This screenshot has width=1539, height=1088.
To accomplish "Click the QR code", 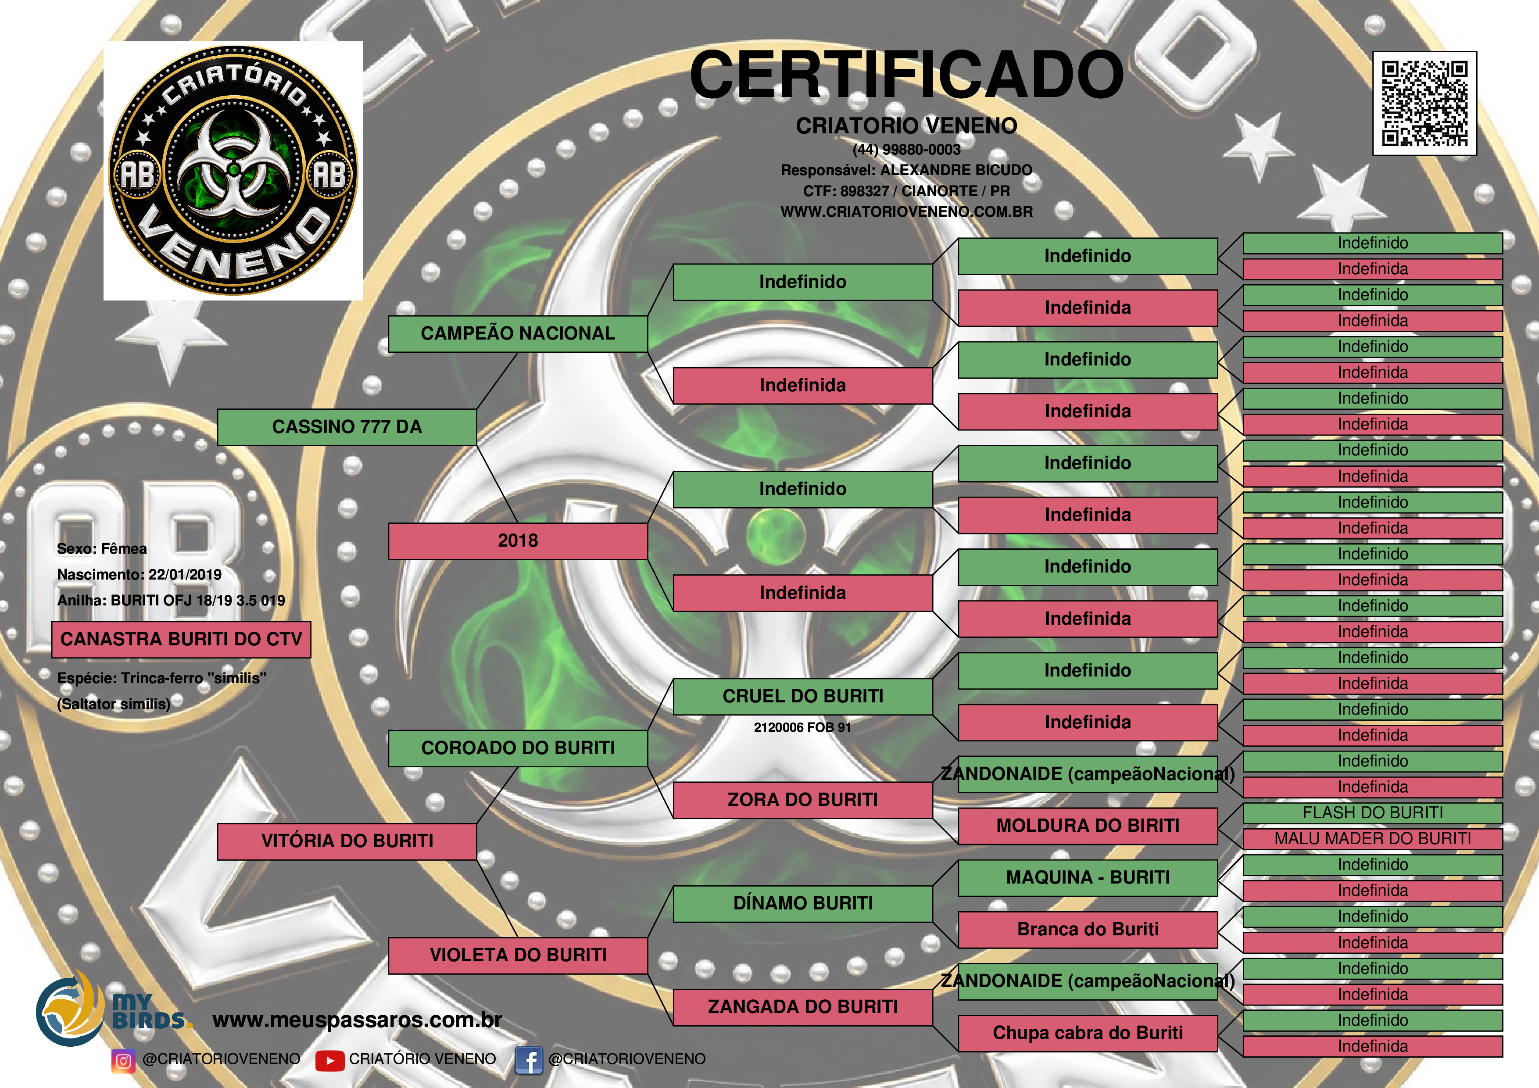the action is [x=1424, y=103].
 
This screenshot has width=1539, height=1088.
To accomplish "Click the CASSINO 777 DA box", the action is [x=347, y=427].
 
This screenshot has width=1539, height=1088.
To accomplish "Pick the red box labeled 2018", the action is [x=518, y=541].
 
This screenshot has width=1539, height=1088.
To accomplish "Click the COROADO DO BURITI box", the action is [x=518, y=748].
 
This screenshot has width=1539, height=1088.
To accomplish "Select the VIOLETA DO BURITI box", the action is [x=518, y=955].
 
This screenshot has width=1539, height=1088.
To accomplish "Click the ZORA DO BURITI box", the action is [x=802, y=800].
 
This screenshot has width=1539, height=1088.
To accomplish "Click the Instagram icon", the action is [x=123, y=1060].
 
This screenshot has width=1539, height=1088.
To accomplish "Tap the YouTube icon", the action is [x=329, y=1060].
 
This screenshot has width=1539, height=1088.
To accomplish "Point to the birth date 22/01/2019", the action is [x=185, y=575].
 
